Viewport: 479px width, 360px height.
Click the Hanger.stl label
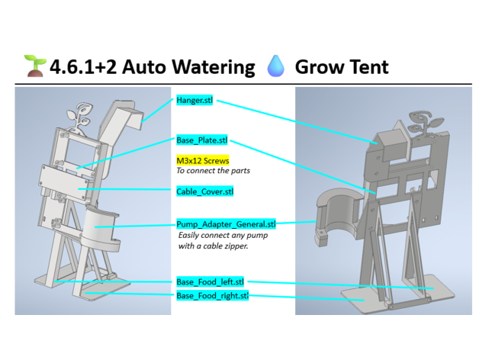tap(194, 100)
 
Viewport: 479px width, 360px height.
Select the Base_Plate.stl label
tap(202, 140)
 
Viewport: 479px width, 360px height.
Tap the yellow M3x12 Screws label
tap(203, 160)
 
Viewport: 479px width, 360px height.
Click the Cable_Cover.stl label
tap(204, 191)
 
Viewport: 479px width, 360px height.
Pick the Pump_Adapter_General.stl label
tap(226, 224)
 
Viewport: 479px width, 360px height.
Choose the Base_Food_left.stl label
tap(211, 281)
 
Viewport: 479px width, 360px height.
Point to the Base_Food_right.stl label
tap(212, 295)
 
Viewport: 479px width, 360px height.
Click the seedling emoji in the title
tap(35, 66)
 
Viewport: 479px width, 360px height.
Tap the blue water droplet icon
tap(275, 66)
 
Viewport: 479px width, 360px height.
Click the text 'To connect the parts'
tap(214, 171)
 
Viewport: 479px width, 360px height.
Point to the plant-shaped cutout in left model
tap(79, 117)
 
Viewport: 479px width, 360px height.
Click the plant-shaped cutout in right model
tap(426, 122)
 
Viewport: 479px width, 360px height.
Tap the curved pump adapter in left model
tap(100, 228)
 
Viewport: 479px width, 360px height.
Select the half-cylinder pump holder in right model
tap(339, 215)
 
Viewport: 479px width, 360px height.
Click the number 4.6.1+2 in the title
tap(83, 67)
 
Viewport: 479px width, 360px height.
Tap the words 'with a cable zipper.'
tap(214, 246)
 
